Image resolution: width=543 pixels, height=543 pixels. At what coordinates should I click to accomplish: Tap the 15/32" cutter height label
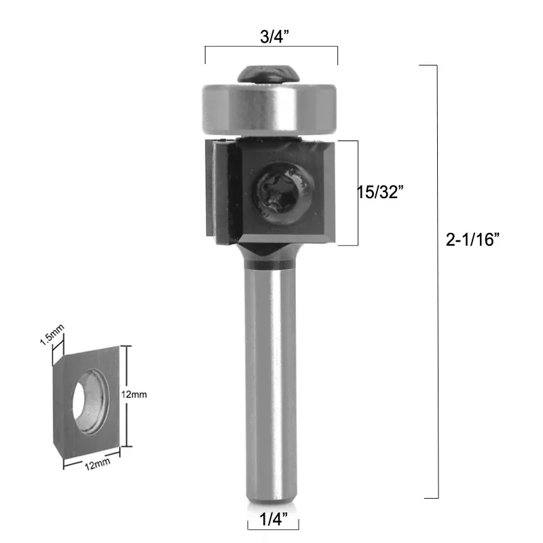click(x=381, y=192)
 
